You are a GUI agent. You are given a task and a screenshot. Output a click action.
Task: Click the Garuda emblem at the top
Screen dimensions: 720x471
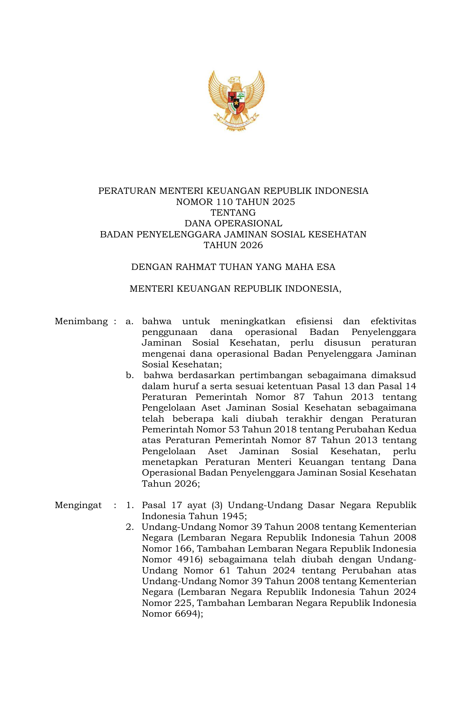(236, 100)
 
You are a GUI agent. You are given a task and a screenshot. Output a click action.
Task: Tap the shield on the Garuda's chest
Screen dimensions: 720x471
(236, 102)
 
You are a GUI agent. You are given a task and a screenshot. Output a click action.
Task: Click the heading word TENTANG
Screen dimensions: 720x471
(233, 213)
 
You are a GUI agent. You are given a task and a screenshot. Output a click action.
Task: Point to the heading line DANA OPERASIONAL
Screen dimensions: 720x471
(233, 223)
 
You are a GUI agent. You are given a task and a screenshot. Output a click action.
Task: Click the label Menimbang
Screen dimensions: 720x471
(81, 321)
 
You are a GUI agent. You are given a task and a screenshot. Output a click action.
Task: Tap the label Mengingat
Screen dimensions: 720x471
(78, 505)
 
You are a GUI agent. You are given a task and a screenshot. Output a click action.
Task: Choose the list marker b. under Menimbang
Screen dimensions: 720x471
(130, 376)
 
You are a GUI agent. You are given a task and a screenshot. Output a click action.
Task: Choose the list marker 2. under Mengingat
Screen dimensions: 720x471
(130, 527)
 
